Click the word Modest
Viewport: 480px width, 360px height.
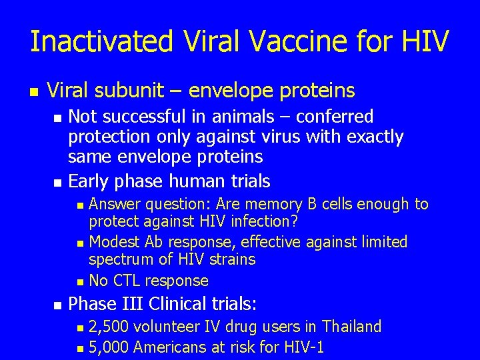tap(114, 241)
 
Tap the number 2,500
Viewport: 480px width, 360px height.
tap(109, 327)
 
